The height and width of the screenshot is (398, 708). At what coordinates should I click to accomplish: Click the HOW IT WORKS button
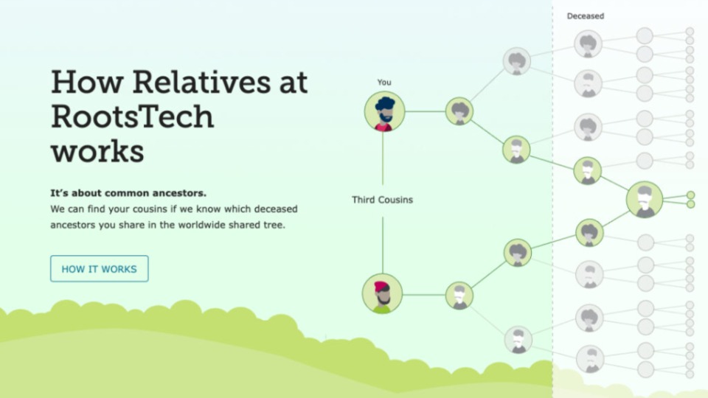pos(100,268)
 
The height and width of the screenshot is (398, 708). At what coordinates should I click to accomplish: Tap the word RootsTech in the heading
pos(132,116)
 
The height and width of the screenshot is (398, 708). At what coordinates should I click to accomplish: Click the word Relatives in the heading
pos(201,82)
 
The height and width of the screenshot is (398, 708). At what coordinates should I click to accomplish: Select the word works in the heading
pos(97,151)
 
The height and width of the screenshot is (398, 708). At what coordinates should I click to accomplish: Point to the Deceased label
pos(585,15)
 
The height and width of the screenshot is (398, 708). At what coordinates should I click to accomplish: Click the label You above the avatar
pos(384,82)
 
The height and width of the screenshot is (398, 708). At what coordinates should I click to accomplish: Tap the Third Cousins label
pos(383,200)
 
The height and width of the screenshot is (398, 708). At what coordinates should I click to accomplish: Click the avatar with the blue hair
pos(385,111)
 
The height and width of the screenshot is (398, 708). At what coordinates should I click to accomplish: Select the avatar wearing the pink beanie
pos(382,294)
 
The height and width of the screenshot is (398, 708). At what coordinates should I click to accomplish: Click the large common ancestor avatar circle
pos(645,199)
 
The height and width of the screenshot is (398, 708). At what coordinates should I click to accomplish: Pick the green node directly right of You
pos(459,111)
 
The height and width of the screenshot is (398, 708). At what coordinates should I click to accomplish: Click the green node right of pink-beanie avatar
pos(459,296)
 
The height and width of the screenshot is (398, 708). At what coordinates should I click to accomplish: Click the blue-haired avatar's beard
pos(386,119)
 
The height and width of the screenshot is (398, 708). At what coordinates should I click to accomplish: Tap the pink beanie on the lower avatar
pos(381,286)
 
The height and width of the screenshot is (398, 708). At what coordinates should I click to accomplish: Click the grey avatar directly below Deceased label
pos(588,43)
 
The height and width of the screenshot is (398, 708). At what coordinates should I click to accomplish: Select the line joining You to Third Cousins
pos(383,158)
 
